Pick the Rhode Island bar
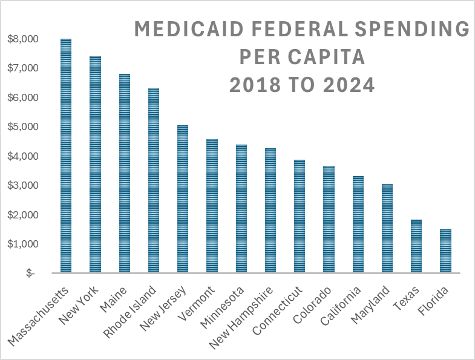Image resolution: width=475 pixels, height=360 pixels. click(154, 181)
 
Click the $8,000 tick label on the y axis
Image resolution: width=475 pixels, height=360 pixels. click(22, 39)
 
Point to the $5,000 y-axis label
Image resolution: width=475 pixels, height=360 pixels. click(22, 127)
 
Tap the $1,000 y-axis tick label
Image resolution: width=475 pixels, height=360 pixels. click(22, 244)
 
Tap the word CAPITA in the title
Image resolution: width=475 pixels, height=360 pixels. click(326, 57)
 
